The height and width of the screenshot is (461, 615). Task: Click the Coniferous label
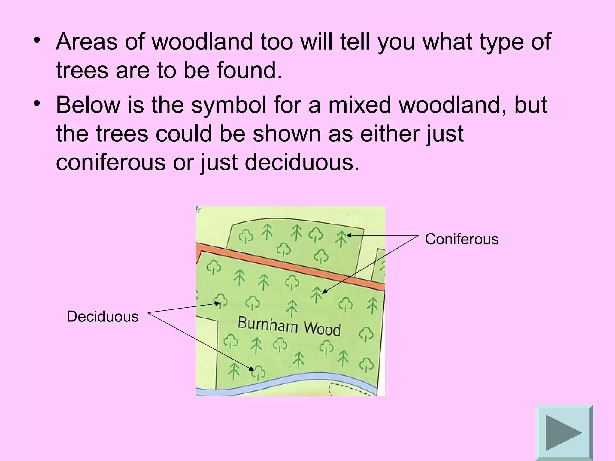click(x=462, y=239)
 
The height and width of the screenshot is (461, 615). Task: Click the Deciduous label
click(x=103, y=317)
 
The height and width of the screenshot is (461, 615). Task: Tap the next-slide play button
click(x=564, y=432)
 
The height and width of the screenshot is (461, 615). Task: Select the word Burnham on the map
click(x=268, y=325)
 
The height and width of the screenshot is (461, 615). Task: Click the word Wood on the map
click(x=322, y=329)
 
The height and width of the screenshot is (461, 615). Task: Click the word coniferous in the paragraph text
click(x=111, y=162)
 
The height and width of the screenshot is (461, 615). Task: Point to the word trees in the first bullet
click(x=82, y=70)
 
